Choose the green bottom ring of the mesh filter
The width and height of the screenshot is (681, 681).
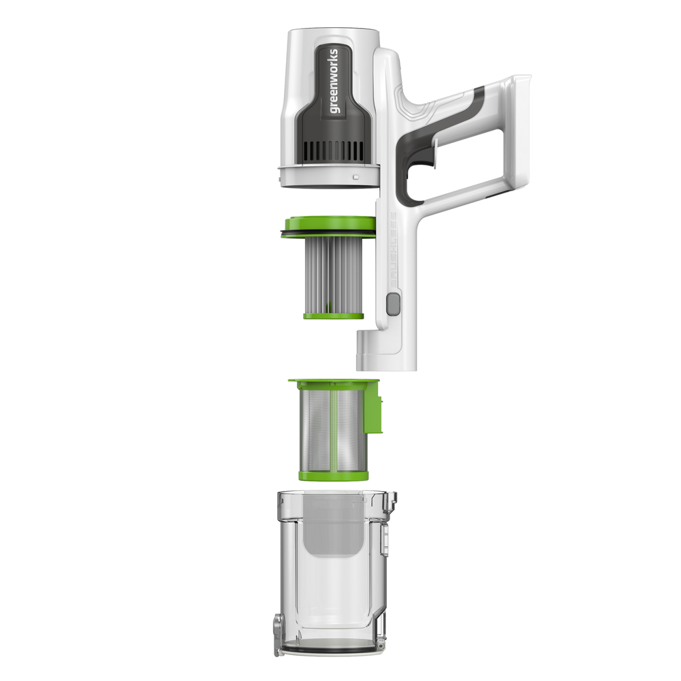(x=332, y=474)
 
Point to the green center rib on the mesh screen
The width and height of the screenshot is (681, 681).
(x=334, y=429)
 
